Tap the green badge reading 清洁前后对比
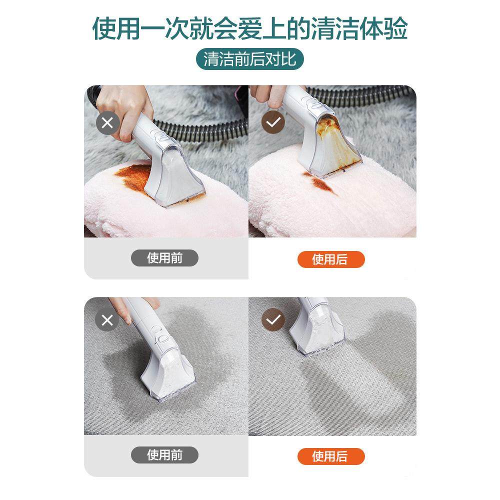[x=249, y=59]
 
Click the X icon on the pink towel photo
[x=107, y=123]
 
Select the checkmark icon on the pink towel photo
[x=273, y=123]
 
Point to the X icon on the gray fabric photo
[x=107, y=320]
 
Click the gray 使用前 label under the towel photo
[x=164, y=258]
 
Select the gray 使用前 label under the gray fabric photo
[x=164, y=455]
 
